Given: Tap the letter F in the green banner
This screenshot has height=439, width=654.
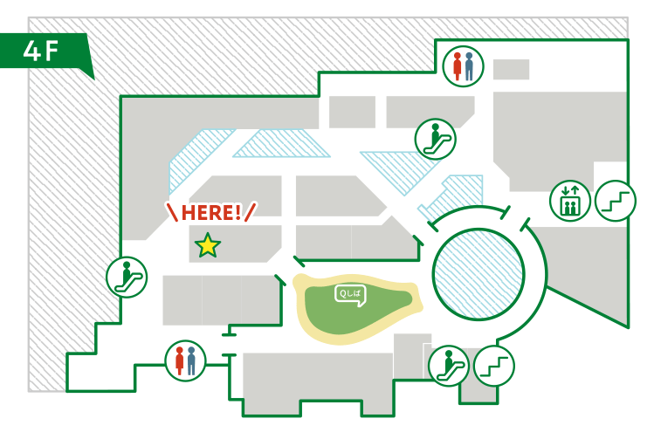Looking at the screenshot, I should click(x=52, y=51).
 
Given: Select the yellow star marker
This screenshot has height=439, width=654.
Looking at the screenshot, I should click(x=208, y=246).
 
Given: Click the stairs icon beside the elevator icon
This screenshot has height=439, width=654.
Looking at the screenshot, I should click(x=616, y=200).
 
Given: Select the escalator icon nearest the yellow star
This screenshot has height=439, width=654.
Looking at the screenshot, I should click(x=127, y=278).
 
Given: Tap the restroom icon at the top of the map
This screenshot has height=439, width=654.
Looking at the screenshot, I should click(x=463, y=66).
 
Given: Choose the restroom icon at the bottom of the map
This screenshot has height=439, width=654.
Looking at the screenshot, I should click(x=185, y=360).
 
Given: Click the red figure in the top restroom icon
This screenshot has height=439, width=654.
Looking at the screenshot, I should click(x=457, y=67).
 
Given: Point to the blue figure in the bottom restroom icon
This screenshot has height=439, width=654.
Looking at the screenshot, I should click(x=191, y=360).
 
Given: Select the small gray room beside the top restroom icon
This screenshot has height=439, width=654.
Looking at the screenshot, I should click(x=511, y=70).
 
